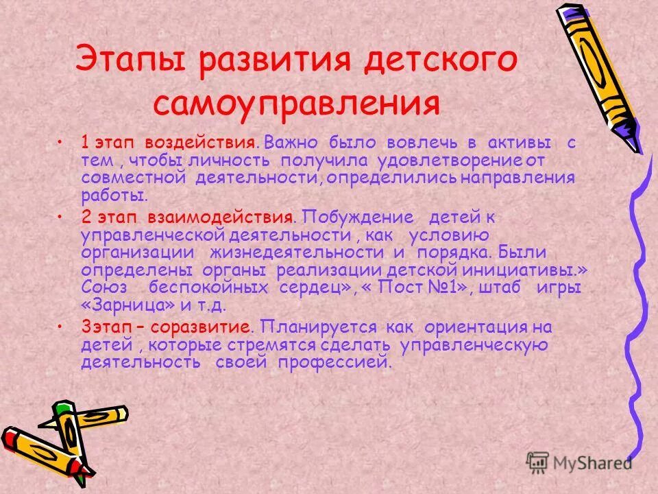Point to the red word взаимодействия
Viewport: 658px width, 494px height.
pos(220,218)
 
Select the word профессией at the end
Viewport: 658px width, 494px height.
pos(335,362)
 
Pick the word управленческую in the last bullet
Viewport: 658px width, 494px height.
pos(472,344)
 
